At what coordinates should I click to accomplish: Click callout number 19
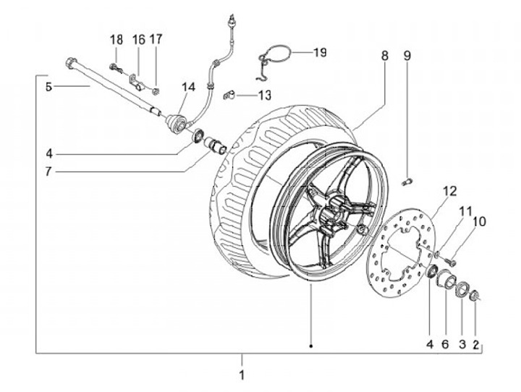tap(320, 52)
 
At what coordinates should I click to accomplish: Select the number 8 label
tap(384, 56)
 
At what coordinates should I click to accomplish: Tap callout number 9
tap(407, 56)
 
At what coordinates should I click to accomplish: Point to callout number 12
tap(450, 191)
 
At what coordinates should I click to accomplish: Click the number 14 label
tap(188, 87)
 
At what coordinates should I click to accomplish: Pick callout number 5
tap(49, 88)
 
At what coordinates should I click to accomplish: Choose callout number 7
tap(49, 172)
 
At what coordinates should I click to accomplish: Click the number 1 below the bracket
tap(242, 375)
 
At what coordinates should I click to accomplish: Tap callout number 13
tap(265, 96)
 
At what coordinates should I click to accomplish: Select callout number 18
tap(117, 40)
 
